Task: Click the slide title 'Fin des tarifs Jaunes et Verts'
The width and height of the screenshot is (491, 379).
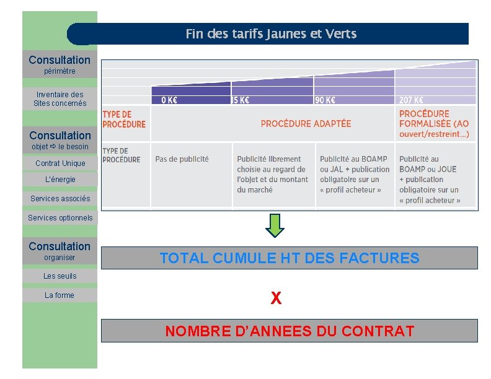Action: tap(271, 34)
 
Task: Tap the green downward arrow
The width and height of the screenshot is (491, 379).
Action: tap(275, 225)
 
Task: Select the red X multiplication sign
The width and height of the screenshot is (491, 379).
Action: tap(276, 298)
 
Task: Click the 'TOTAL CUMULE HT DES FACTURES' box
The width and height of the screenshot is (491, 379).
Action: tap(289, 258)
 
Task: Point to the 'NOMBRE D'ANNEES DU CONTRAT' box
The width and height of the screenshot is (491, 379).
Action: tap(289, 331)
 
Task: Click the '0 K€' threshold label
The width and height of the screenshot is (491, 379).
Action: tap(169, 100)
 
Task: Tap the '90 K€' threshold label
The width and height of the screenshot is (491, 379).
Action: tap(325, 100)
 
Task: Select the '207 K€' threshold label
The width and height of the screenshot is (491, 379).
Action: tap(411, 100)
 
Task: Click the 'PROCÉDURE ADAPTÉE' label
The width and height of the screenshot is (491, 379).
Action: tap(306, 124)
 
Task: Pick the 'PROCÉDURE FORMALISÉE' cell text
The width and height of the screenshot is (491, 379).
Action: tap(434, 124)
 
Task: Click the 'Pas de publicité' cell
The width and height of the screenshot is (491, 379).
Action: tap(182, 159)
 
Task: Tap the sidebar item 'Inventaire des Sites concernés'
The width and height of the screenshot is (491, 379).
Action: tap(60, 99)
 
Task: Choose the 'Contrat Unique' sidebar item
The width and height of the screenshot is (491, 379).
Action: tap(60, 163)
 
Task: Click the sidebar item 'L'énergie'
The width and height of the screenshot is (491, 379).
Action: tap(60, 180)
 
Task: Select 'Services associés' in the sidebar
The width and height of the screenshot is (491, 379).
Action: tap(60, 199)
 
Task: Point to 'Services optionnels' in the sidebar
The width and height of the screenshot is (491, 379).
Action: tap(60, 218)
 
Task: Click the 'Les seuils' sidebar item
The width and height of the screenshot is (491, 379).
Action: tap(60, 276)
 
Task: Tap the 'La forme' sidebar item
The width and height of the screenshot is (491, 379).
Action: tap(60, 295)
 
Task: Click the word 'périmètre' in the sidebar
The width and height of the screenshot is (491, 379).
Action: tap(60, 71)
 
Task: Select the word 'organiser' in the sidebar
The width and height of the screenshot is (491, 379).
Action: tap(60, 258)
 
